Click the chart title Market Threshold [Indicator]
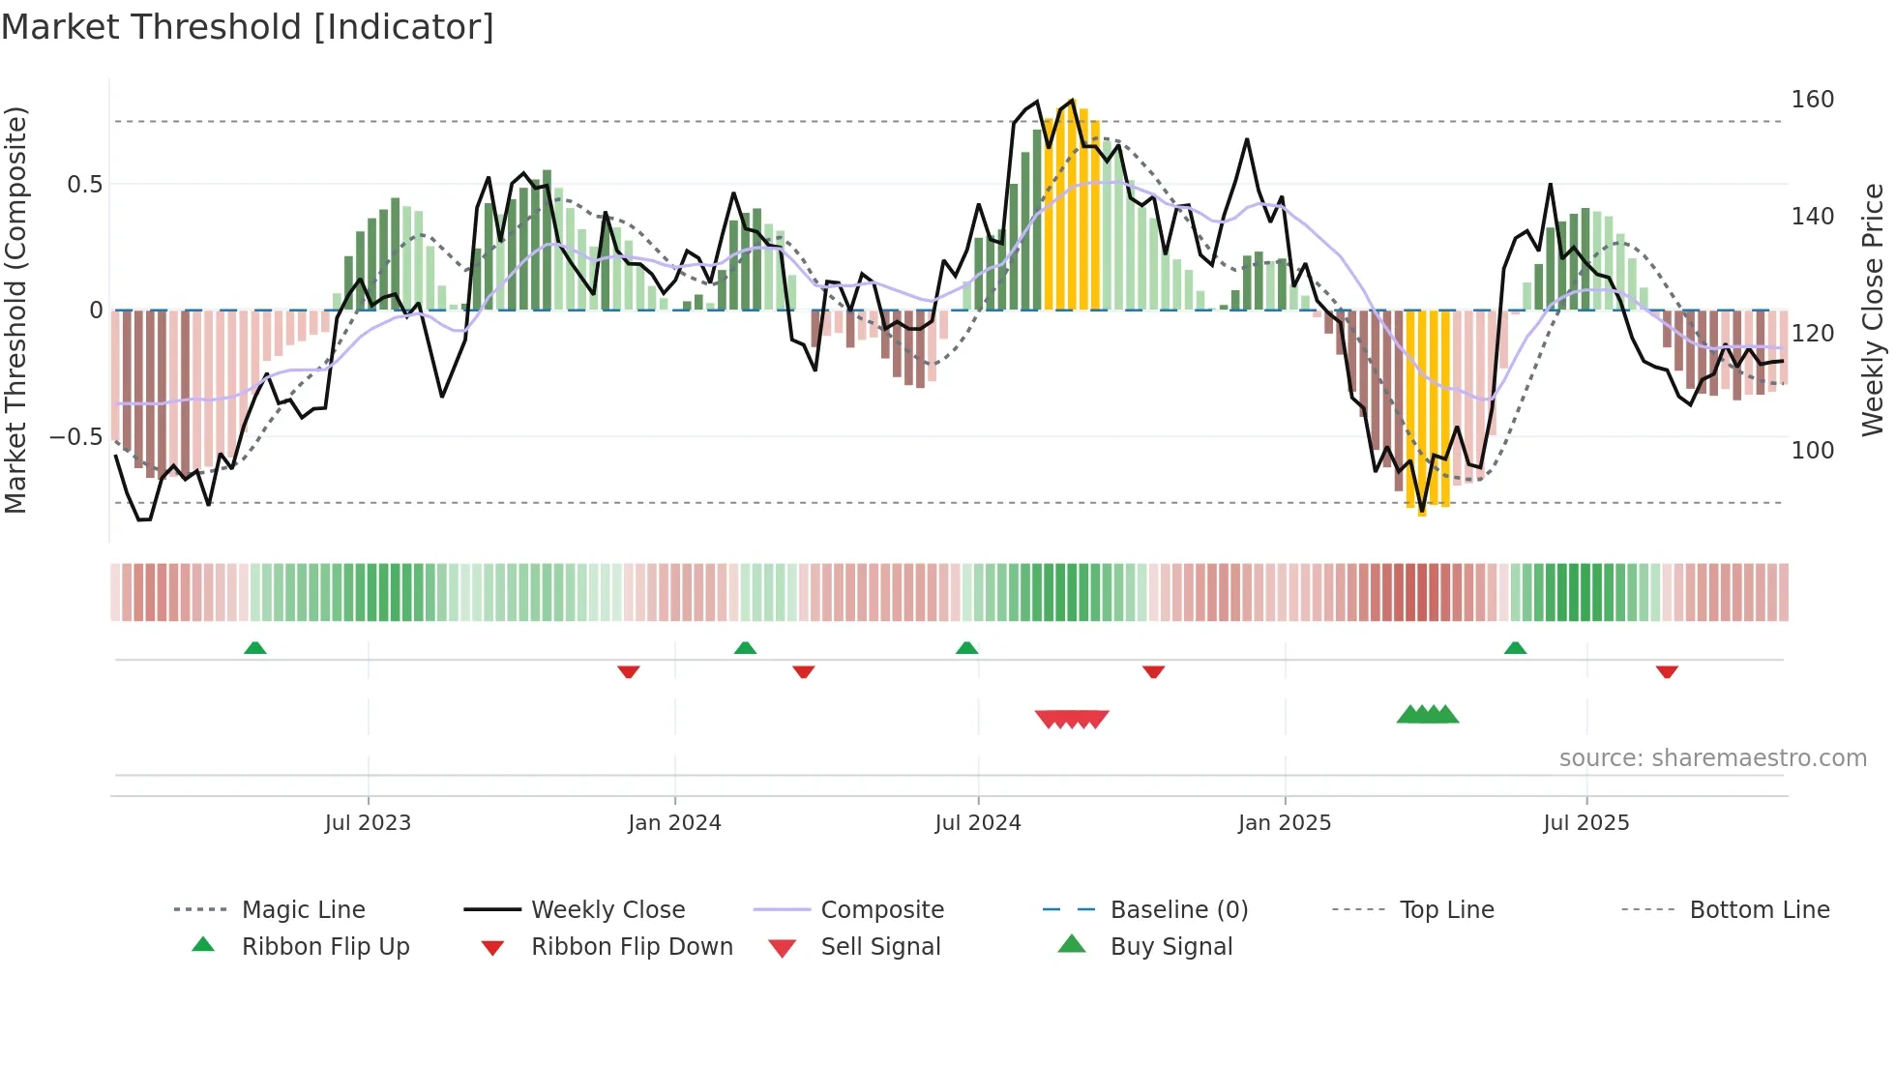248,27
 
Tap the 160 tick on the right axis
1812,100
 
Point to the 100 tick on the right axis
1812,450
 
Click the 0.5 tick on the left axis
84,184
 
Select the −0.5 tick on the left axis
76,436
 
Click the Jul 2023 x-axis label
368,822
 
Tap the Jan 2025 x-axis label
1285,822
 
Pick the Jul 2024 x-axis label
978,822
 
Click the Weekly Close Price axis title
1873,310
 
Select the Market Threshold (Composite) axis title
15,310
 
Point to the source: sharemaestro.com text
1712,757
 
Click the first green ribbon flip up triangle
255,648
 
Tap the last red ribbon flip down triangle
1667,671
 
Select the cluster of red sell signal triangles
1072,719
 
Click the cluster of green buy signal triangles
1428,715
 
